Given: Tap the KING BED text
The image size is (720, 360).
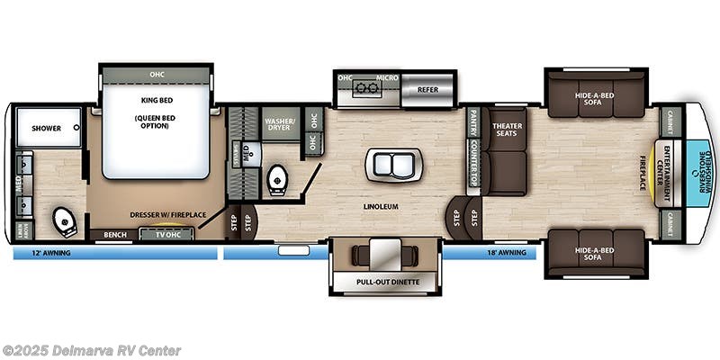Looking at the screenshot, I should coord(156,99).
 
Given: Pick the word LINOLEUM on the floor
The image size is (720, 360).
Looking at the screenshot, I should coord(381,206).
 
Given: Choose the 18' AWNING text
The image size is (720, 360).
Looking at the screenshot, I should coord(507,254).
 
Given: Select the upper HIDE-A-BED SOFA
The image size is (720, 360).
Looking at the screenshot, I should coord(596,95).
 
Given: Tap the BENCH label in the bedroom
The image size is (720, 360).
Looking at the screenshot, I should coord(114,235).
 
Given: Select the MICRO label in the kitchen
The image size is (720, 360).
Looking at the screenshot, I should coord(387,78).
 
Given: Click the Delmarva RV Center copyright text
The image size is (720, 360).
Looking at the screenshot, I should coord(92,350).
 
